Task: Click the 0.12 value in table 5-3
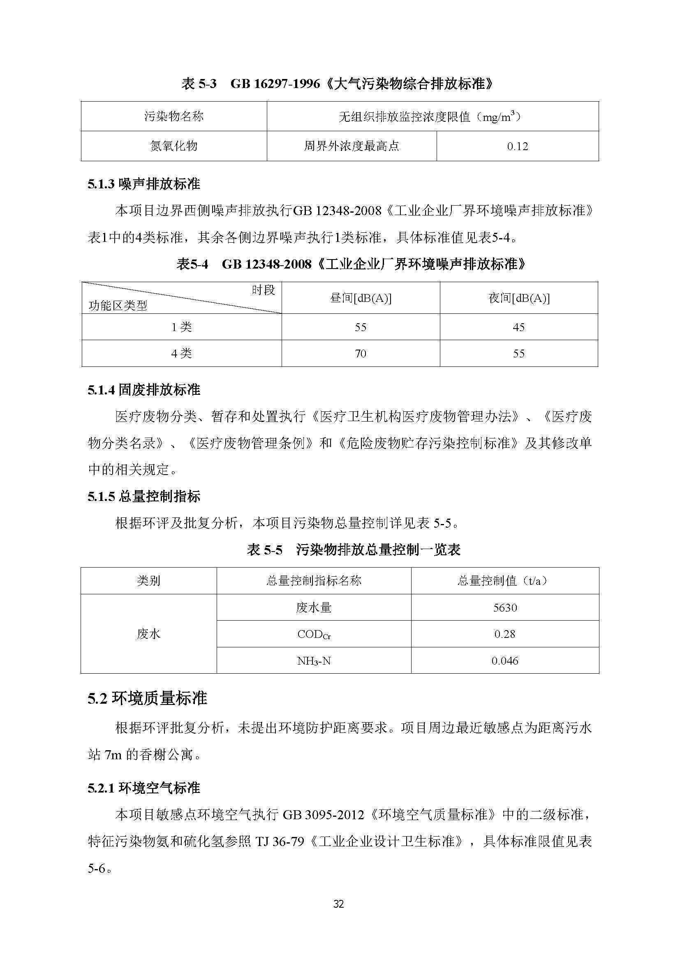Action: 518,146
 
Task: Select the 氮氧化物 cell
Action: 174,146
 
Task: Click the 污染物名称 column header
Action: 174,116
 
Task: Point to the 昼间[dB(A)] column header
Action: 361,298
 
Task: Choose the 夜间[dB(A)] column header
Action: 519,298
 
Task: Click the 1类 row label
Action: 181,327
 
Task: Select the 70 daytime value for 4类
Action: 361,354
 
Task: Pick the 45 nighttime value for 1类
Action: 519,327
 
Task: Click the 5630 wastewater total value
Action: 505,607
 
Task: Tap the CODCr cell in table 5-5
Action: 314,634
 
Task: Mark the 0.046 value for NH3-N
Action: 505,661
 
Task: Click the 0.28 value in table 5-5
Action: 505,634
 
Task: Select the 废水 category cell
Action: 149,634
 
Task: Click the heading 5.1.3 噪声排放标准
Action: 143,184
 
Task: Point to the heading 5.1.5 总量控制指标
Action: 143,496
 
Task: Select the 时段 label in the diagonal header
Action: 264,290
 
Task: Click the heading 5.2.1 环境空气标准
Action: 143,788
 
